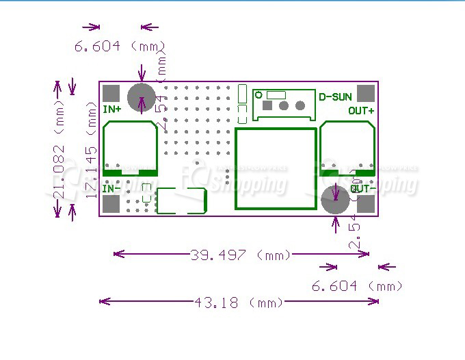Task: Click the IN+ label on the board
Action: click(x=112, y=109)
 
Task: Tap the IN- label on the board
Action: click(x=111, y=188)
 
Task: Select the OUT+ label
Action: click(x=361, y=110)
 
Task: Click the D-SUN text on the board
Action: click(x=336, y=97)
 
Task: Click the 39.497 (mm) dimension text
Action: click(x=241, y=255)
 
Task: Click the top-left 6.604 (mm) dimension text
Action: click(x=120, y=47)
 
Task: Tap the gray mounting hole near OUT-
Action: click(x=335, y=199)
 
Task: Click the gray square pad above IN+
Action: click(x=111, y=94)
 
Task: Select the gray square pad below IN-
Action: click(x=111, y=204)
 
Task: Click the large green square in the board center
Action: click(x=276, y=168)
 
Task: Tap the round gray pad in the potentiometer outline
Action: click(x=300, y=105)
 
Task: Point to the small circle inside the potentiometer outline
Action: click(x=259, y=95)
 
